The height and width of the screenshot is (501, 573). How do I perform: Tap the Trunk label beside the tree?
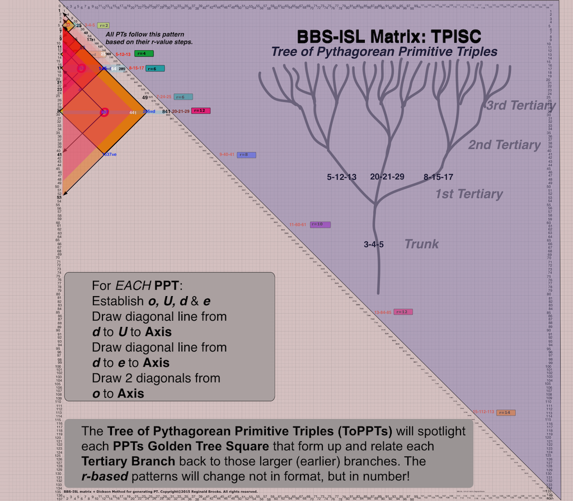point(422,244)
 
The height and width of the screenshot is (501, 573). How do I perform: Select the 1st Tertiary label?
point(469,194)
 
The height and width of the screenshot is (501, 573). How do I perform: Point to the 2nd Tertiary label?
point(504,145)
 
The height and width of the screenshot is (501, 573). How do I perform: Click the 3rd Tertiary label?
point(520,106)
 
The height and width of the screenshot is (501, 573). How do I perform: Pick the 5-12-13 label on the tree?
point(342,177)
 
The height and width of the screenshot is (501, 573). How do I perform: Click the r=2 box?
point(103,26)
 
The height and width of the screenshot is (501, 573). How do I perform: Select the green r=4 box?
point(144,54)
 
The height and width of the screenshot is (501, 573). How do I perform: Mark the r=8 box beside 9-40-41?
point(246,154)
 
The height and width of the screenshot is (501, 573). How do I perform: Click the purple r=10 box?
point(320,224)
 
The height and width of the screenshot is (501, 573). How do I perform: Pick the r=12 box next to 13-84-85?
point(403,312)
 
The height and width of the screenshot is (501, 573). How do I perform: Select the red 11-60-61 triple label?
point(298,224)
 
